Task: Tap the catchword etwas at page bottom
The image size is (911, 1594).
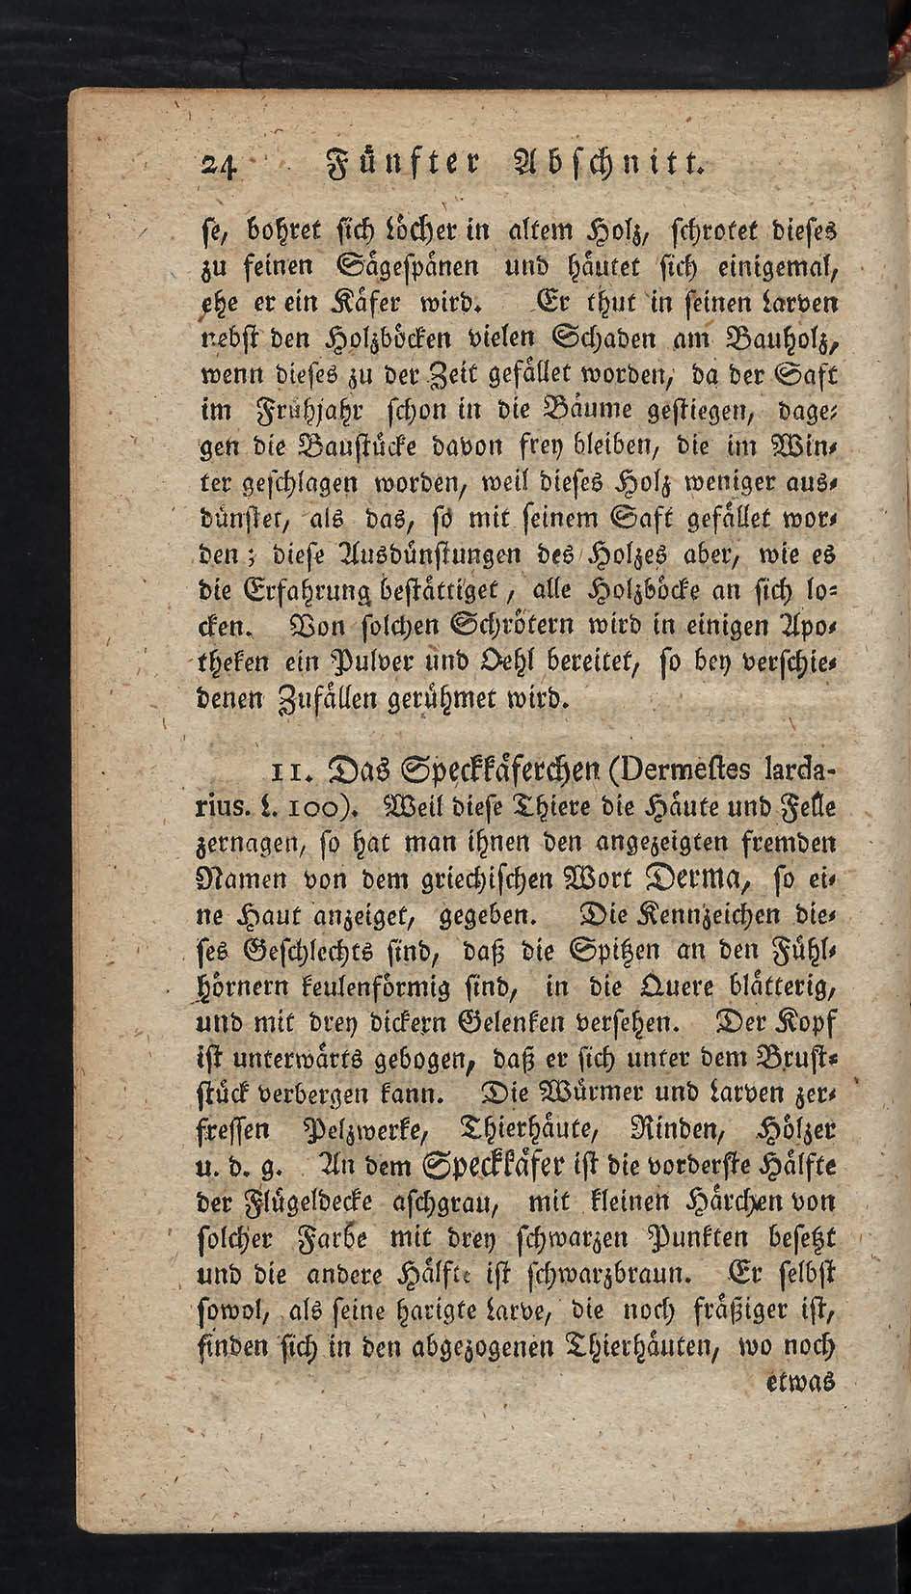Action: click(x=799, y=1385)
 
